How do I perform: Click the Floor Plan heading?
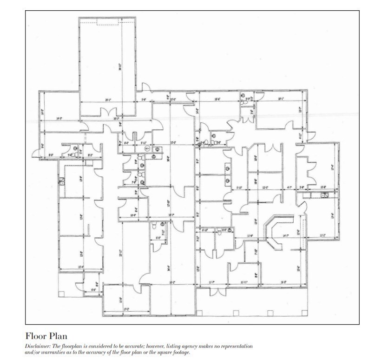(x=46, y=335)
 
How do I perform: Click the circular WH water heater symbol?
(x=147, y=149)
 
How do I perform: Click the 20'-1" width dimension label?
(x=108, y=100)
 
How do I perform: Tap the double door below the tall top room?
(x=108, y=113)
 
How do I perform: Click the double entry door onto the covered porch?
(x=214, y=292)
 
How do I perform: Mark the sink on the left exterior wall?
(x=60, y=182)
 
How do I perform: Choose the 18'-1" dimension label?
(x=281, y=99)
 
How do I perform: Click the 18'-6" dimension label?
(x=217, y=99)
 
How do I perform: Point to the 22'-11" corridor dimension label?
(x=120, y=253)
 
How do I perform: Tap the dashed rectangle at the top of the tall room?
(x=108, y=23)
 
